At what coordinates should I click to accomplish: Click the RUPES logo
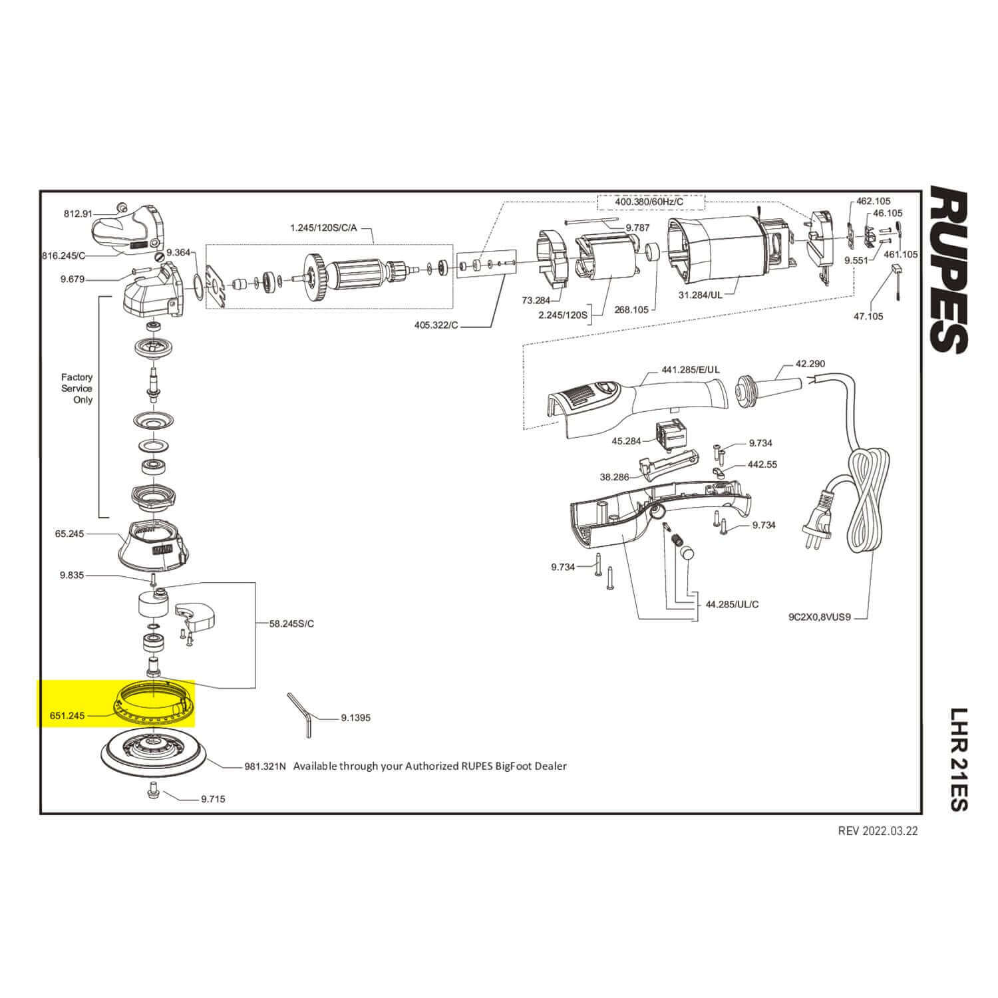pyautogui.click(x=947, y=270)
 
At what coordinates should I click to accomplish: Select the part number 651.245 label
pyautogui.click(x=67, y=716)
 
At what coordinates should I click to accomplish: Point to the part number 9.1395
pyautogui.click(x=355, y=718)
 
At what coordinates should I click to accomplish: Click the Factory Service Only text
pyautogui.click(x=77, y=389)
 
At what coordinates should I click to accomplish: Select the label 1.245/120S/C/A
pyautogui.click(x=323, y=228)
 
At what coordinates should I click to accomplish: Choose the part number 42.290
pyautogui.click(x=810, y=364)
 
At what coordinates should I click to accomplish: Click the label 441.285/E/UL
pyautogui.click(x=691, y=369)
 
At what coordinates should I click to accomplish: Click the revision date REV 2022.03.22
pyautogui.click(x=878, y=831)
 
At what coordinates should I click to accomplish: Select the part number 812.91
pyautogui.click(x=78, y=214)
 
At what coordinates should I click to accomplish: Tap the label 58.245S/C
pyautogui.click(x=291, y=623)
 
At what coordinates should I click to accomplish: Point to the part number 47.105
pyautogui.click(x=868, y=316)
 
